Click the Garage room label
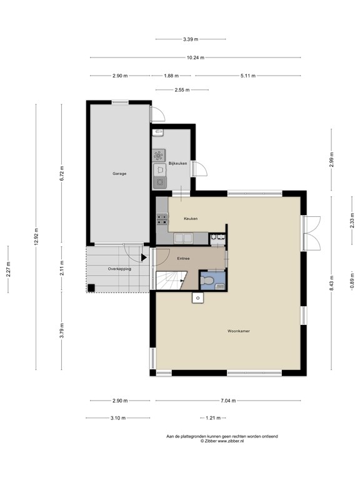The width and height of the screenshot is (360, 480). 119,174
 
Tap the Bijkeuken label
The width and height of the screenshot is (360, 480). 178,164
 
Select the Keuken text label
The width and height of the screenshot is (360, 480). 191,219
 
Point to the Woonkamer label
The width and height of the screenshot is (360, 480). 239,331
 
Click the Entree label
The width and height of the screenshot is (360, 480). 183,258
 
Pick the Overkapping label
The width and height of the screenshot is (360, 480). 120,269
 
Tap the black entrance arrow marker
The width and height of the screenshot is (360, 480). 144,257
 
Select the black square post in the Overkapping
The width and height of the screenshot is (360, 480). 91,287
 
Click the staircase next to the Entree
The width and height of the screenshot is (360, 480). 171,280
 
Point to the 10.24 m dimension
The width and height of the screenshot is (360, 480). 196,57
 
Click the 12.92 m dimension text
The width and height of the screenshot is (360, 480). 36,237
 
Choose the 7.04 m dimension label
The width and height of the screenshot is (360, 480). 228,401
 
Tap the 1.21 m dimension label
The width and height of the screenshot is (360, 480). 212,418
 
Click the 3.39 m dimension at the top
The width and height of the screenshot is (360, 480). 191,39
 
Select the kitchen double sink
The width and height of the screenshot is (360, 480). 183,238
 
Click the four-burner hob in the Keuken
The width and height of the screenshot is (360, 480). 162,219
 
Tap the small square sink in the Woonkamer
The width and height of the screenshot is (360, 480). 197,297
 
